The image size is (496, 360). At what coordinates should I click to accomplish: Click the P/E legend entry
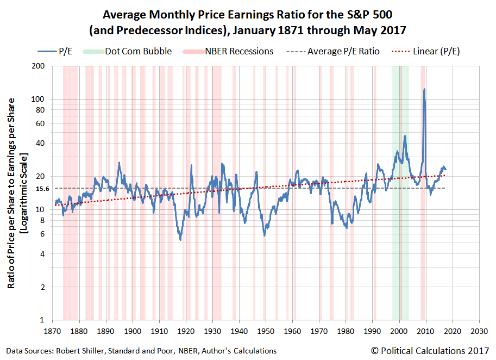(x=55, y=51)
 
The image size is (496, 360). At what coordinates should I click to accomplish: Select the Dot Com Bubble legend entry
(x=127, y=51)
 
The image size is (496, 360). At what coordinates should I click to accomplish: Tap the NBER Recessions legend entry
(x=228, y=51)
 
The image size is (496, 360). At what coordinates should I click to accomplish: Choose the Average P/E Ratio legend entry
(x=333, y=51)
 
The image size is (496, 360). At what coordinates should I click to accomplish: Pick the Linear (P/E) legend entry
(x=426, y=51)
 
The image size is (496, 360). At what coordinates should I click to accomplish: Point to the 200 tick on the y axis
(x=38, y=66)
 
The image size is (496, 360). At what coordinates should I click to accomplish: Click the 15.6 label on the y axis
(x=43, y=189)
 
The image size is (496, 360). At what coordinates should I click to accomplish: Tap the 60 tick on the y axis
(x=40, y=124)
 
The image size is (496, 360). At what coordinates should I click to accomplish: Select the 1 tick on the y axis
(x=42, y=320)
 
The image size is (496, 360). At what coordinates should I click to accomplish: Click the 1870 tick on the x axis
(x=52, y=331)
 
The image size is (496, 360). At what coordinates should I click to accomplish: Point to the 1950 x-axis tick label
(x=266, y=331)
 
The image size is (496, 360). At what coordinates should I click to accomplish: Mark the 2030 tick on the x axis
(x=479, y=331)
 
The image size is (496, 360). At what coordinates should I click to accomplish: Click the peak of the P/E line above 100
(x=424, y=89)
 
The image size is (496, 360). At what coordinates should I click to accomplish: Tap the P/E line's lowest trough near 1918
(x=180, y=239)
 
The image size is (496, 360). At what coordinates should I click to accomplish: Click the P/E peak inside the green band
(x=405, y=136)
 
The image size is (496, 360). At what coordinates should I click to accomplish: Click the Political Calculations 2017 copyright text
(x=430, y=351)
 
